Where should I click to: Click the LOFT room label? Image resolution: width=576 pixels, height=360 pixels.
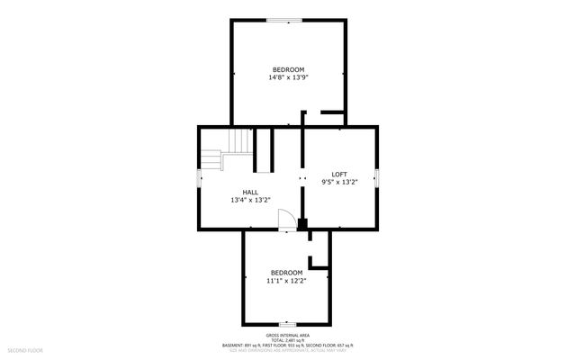coord(339,174)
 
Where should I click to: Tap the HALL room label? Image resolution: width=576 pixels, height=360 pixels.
coord(250,192)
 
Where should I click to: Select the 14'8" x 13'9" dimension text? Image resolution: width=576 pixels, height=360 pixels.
coord(288,77)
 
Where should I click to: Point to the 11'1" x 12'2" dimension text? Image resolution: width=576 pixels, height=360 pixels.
coord(287,280)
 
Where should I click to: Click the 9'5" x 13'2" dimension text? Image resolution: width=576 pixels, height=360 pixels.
coord(339,182)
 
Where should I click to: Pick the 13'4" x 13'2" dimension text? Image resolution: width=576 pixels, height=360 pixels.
coord(250,200)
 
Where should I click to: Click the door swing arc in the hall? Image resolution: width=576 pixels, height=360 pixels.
coord(285,219)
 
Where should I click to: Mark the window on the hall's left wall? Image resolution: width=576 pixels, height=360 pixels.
coord(200,178)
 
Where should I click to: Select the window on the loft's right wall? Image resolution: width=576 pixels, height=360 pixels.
coord(377,178)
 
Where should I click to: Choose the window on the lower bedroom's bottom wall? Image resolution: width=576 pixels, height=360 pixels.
coord(287,324)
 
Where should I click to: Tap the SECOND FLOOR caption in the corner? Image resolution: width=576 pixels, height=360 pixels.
coord(25,348)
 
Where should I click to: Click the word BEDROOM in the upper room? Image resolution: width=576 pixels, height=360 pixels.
coord(288,69)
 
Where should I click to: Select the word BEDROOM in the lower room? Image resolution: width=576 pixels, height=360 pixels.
coord(287,272)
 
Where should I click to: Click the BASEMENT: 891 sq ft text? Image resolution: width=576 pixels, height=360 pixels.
coord(245,345)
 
